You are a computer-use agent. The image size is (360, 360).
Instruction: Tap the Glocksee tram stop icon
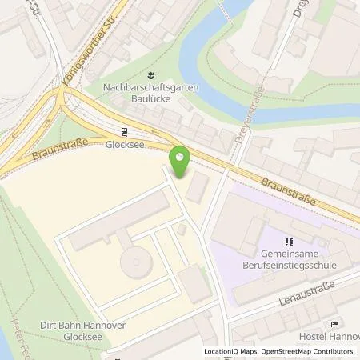coord(123,134)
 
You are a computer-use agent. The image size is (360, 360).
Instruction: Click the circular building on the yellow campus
coord(134,262)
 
